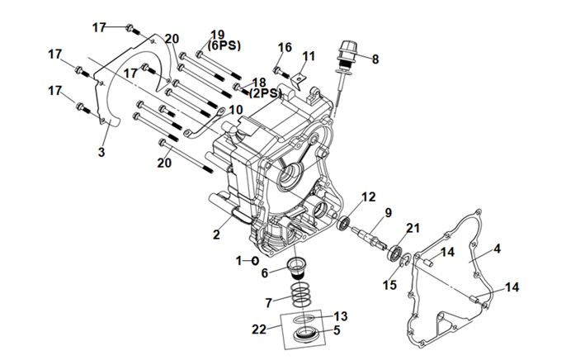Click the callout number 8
coord(375,59)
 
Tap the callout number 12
coord(369,197)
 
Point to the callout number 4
coord(498,248)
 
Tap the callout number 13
coord(342,317)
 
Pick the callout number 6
coord(265,272)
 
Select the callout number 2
coord(216,234)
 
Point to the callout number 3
coord(101,152)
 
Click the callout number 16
coord(285,47)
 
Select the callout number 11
coord(309,56)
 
